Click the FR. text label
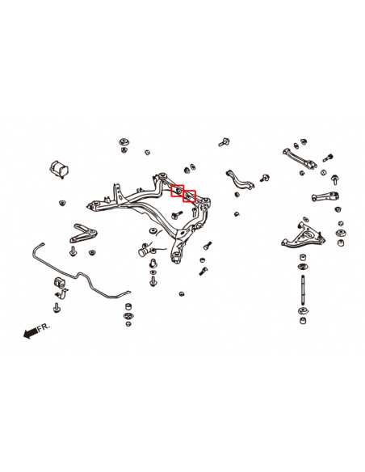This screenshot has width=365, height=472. pos(44,327)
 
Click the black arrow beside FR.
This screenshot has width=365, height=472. pos(31,333)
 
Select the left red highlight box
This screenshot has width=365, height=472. pos(177,191)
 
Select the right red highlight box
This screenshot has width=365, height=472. pos(190,196)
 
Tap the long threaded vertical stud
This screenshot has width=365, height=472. pos(303,290)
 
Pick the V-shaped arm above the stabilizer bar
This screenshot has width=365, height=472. pos(83,233)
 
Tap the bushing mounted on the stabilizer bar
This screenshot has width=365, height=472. pos(59,282)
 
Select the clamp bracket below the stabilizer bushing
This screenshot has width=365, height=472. pos(61,294)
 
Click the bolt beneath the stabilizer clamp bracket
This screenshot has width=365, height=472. pos(57,308)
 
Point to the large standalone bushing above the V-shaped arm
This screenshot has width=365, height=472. pos(59,170)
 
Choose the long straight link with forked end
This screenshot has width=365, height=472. pos(300,158)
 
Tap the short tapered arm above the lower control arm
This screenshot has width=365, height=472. pos(325,196)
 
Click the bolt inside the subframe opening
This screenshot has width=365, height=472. pos(177,215)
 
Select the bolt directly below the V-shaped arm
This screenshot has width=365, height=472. pos(73,251)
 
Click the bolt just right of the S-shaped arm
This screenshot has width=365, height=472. pos(264,178)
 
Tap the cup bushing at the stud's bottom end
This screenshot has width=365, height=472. pos(303,320)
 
